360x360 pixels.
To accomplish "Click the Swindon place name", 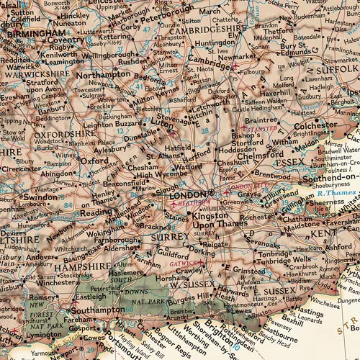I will [39, 197].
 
